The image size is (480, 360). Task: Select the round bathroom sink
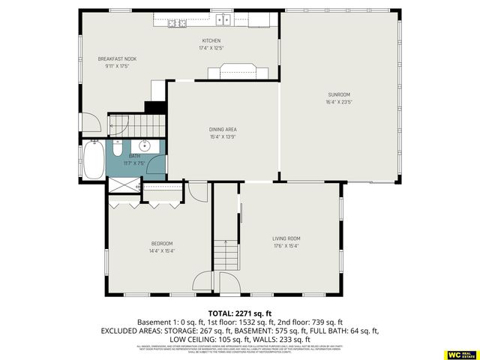145,146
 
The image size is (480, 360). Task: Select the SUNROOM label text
339,94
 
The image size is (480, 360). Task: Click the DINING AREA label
223,130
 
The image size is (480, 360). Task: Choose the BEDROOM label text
161,244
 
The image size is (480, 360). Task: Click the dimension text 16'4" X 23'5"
339,102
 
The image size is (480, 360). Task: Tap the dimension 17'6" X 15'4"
286,247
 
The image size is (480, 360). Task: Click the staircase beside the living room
226,255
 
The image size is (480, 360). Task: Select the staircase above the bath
136,124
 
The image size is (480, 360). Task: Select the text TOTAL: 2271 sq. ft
240,313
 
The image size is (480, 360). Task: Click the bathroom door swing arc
157,167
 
